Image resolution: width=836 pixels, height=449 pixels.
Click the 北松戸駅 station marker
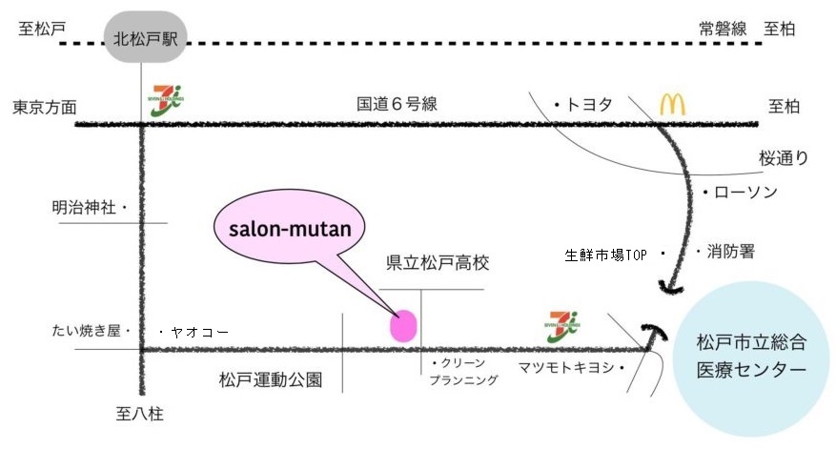[x=146, y=39]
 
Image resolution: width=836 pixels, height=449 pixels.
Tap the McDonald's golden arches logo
[x=673, y=104]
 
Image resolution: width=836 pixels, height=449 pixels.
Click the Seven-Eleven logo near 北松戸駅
[x=167, y=101]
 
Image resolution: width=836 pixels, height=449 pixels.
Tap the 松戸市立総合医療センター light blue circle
[x=752, y=354]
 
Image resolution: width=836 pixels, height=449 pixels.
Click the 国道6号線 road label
[x=397, y=104]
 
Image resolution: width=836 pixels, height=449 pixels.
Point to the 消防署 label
[x=730, y=252]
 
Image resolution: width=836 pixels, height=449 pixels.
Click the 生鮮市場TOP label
[x=606, y=255]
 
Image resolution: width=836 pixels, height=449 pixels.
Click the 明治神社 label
[x=85, y=207]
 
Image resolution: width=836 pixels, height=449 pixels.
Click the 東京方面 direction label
[x=44, y=107]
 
